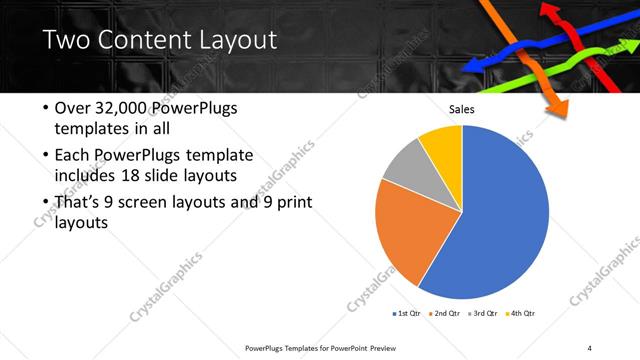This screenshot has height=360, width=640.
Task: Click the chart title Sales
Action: (461, 109)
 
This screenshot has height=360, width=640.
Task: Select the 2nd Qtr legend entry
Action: (445, 312)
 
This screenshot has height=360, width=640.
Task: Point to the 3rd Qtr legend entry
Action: (483, 312)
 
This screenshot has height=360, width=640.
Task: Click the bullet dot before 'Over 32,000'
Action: (45, 108)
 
